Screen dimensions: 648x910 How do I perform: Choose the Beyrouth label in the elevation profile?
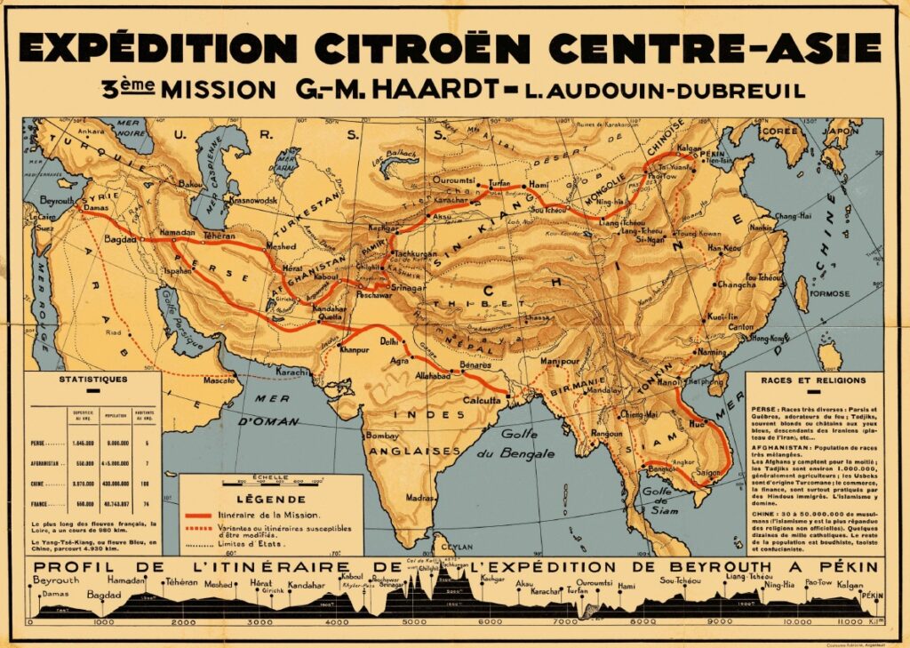click(55, 580)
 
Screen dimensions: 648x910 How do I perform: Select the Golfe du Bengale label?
click(523, 441)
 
